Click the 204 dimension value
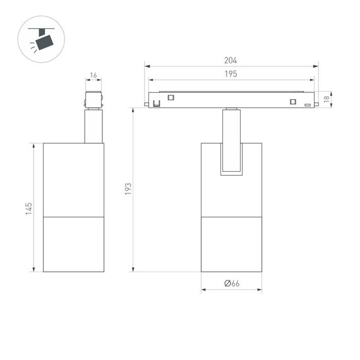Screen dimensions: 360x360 231,61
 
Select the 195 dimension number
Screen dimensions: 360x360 231,75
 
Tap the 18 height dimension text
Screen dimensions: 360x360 327,99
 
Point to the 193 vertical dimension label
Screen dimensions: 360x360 128,189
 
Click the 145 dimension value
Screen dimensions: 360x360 28,208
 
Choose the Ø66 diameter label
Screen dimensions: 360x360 232,284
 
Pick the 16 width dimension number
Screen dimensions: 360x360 93,75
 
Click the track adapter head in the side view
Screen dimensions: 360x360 93,100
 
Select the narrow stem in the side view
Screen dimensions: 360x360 93,126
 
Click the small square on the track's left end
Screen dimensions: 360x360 171,97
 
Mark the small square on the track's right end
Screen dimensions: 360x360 292,102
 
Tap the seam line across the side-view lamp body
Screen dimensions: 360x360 73,217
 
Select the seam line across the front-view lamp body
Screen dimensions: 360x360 231,217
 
